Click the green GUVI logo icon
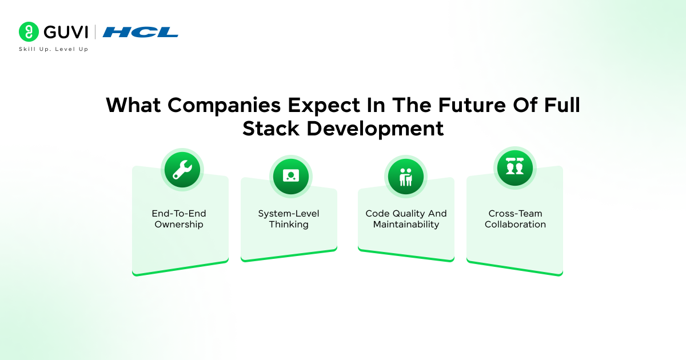pyautogui.click(x=28, y=32)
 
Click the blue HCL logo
pyautogui.click(x=141, y=32)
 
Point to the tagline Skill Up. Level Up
pyautogui.click(x=54, y=49)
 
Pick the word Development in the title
pyautogui.click(x=375, y=129)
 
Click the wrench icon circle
pyautogui.click(x=182, y=170)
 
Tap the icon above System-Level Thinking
pyautogui.click(x=290, y=175)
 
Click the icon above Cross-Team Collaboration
pyautogui.click(x=514, y=167)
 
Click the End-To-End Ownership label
pyautogui.click(x=179, y=219)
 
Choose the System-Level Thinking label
pyautogui.click(x=289, y=219)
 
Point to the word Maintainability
pyautogui.click(x=406, y=225)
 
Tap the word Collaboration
pyautogui.click(x=515, y=225)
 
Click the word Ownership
pyautogui.click(x=179, y=225)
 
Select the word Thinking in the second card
pyautogui.click(x=289, y=225)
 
